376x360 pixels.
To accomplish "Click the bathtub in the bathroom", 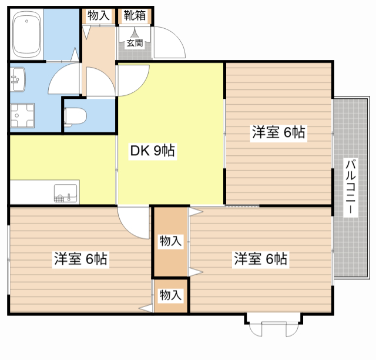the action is coord(26,34).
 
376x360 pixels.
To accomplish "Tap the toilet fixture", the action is coord(75,117).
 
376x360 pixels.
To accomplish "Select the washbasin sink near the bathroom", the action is coord(18,79).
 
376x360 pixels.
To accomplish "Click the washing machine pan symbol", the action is coord(22,115).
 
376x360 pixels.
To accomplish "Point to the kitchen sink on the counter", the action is coord(66,193).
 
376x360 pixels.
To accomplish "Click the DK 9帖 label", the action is coord(153,151).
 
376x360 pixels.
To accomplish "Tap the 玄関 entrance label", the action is coord(135,43).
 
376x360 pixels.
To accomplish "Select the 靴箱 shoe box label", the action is coord(135,16).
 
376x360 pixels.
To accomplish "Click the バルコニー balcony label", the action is coord(351,187).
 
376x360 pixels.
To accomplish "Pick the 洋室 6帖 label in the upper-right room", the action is coord(278,132).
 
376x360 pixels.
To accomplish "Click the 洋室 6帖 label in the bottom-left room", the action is coord(80,259).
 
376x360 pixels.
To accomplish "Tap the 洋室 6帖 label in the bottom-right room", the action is coord(261,259).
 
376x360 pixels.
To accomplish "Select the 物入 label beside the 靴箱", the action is coord(99,16).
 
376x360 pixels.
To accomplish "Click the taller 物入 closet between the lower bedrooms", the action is coord(170,241).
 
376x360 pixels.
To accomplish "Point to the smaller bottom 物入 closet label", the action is coord(170,295).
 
